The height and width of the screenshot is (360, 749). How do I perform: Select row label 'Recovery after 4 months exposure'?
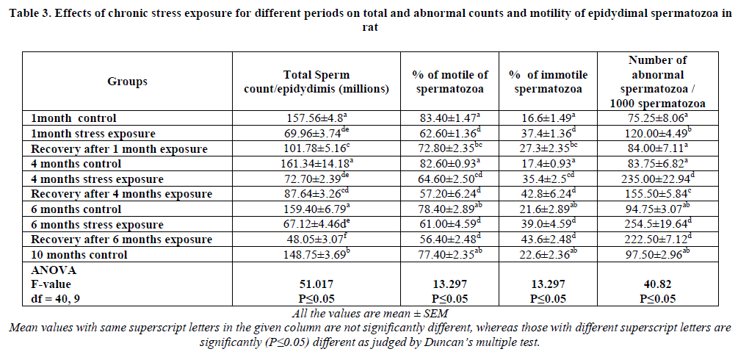[121, 194]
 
